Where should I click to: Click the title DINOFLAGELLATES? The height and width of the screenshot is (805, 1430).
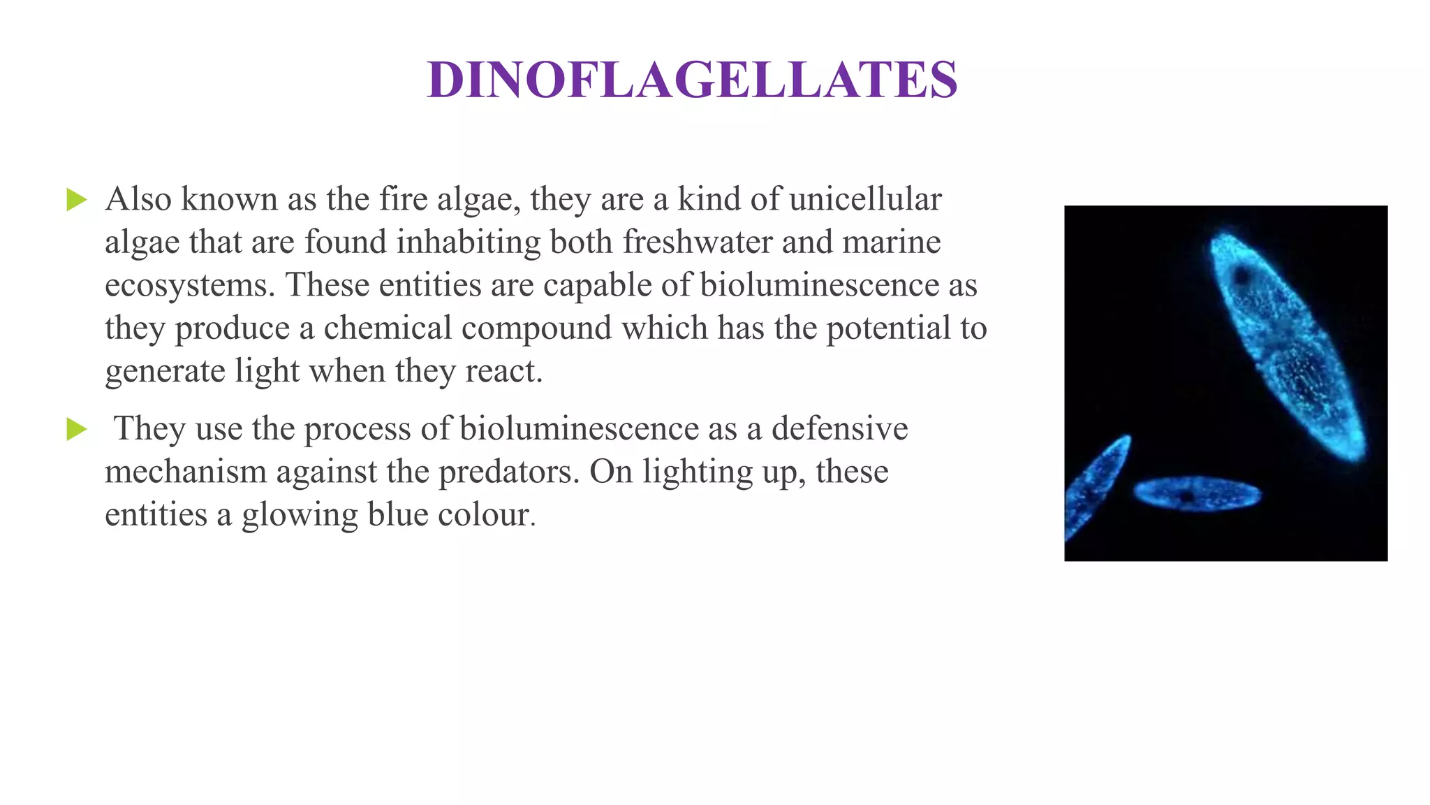692,80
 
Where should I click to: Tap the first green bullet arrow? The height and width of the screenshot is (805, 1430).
76,200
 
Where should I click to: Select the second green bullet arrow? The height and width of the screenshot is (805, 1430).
76,429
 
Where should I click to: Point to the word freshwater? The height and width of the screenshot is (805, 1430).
698,242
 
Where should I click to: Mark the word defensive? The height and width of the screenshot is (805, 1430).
839,428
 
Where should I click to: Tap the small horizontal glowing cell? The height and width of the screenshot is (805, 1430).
1197,494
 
